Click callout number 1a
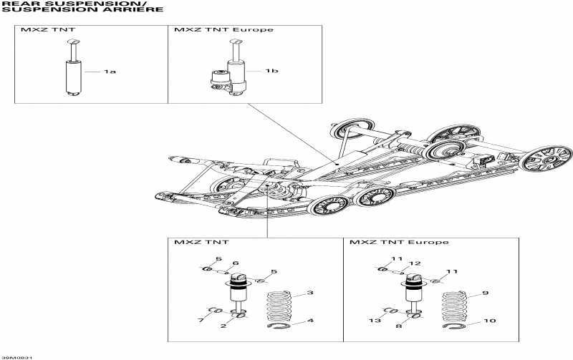pyautogui.click(x=110, y=72)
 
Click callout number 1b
pyautogui.click(x=271, y=71)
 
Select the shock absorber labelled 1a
pyautogui.click(x=73, y=74)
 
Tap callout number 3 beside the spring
pyautogui.click(x=310, y=293)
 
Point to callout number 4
pyautogui.click(x=310, y=321)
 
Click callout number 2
pyautogui.click(x=224, y=326)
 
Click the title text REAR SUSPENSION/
pyautogui.click(x=47, y=4)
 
